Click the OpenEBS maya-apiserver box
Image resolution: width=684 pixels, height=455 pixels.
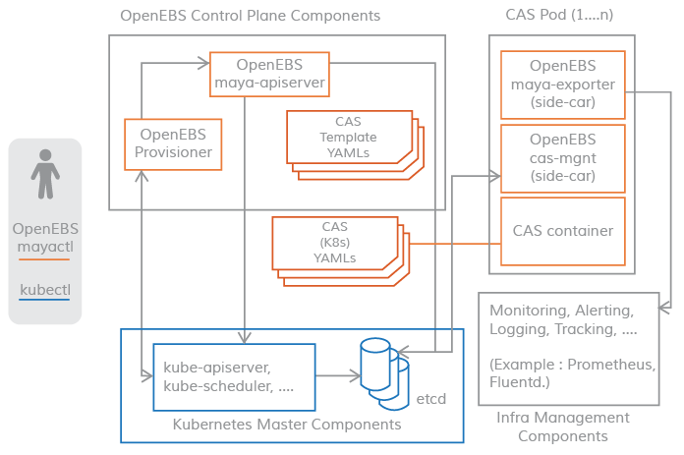[269, 74]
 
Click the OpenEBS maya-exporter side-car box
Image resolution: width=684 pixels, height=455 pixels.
[562, 85]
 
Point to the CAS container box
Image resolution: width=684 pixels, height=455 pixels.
[562, 231]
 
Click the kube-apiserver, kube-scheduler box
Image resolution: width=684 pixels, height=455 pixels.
[234, 376]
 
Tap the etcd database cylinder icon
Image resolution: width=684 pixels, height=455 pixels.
[383, 373]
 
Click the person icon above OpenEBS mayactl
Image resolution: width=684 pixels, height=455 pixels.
[44, 174]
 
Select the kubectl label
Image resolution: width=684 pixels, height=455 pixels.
[44, 290]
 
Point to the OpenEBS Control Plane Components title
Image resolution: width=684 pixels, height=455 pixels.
[250, 17]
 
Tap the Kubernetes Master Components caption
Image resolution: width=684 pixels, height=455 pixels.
[287, 425]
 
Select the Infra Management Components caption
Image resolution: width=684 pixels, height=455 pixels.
[562, 427]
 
